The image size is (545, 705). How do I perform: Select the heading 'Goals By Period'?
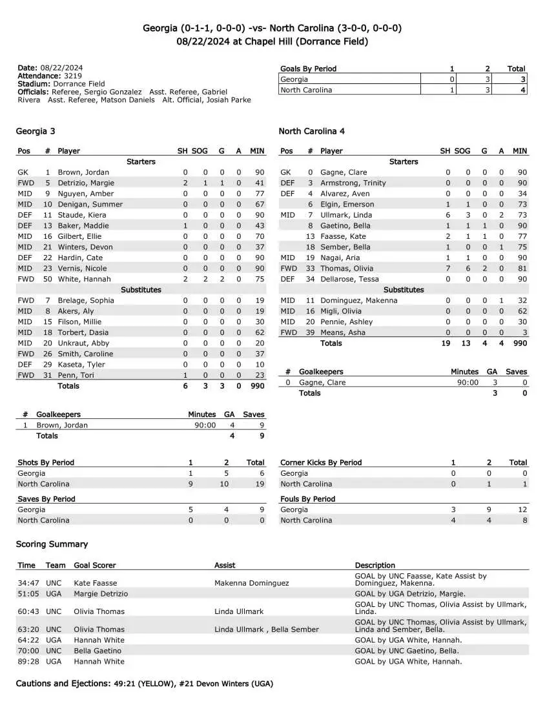pyautogui.click(x=308, y=68)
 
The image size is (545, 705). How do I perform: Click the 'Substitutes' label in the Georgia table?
pyautogui.click(x=141, y=290)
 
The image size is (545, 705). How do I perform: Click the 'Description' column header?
pyautogui.click(x=375, y=565)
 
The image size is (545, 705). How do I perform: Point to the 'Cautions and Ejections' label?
pyautogui.click(x=61, y=684)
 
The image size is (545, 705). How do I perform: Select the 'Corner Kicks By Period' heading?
pyautogui.click(x=321, y=462)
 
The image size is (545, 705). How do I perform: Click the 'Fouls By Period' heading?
pyautogui.click(x=308, y=499)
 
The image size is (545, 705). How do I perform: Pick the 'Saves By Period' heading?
pyautogui.click(x=46, y=499)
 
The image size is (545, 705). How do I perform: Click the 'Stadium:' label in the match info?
pyautogui.click(x=32, y=84)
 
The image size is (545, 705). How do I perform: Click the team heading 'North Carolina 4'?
pyautogui.click(x=311, y=131)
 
